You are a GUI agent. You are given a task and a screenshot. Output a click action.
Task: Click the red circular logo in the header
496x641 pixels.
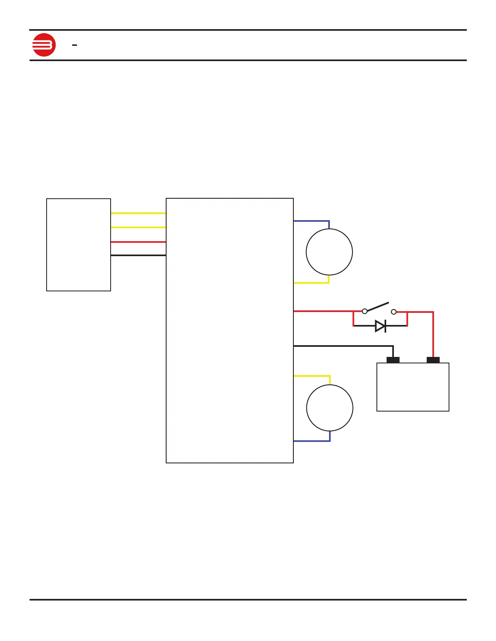pos(44,45)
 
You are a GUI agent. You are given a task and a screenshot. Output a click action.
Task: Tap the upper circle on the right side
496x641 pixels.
pos(329,252)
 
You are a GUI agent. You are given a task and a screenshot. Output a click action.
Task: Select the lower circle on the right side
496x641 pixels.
pos(329,408)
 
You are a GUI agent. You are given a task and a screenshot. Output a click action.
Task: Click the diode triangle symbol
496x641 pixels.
pos(380,326)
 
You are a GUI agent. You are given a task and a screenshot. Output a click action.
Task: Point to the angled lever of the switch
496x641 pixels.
pos(378,307)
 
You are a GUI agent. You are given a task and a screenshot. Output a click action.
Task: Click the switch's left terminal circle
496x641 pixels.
pos(365,311)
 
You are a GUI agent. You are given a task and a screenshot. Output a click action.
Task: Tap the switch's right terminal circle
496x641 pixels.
pos(393,312)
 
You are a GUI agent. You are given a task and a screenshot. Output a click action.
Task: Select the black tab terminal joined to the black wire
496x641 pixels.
pos(393,360)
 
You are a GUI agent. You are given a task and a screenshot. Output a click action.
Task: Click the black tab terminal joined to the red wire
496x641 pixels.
pos(433,360)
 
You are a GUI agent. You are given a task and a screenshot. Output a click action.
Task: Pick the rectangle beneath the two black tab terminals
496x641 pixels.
pos(413,387)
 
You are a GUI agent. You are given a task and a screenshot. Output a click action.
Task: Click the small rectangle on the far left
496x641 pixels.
pos(79,244)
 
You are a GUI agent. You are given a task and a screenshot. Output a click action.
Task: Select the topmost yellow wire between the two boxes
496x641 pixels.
pos(138,213)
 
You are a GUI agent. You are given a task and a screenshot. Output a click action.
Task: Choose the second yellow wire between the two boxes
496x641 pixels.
pos(138,227)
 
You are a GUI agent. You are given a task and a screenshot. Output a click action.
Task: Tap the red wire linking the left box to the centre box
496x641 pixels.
pos(138,242)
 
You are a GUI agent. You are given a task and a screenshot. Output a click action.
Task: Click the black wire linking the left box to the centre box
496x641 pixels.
pos(138,255)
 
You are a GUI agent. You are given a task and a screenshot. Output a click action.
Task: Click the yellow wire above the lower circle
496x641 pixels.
pos(311,376)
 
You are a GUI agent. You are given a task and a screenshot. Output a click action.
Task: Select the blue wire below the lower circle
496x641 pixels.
pos(311,441)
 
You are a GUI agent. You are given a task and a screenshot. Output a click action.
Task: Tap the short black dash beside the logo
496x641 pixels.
pos(75,45)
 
